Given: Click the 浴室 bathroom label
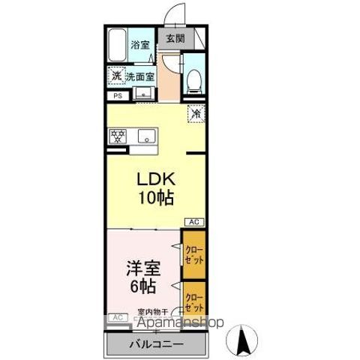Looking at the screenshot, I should pyautogui.click(x=140, y=44).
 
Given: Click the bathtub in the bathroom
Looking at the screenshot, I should pyautogui.click(x=117, y=46).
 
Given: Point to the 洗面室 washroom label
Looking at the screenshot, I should pyautogui.click(x=140, y=76).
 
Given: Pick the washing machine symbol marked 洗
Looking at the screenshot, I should pyautogui.click(x=115, y=76).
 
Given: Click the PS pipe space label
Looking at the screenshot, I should pyautogui.click(x=117, y=96).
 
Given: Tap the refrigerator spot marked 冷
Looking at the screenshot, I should pyautogui.click(x=194, y=114).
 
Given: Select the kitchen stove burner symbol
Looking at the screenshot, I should pyautogui.click(x=117, y=136).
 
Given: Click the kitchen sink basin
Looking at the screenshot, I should pyautogui.click(x=146, y=136).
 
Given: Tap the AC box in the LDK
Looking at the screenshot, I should pyautogui.click(x=193, y=222).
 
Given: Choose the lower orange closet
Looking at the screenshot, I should pyautogui.click(x=193, y=301).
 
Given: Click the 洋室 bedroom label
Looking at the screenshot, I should pyautogui.click(x=142, y=266).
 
